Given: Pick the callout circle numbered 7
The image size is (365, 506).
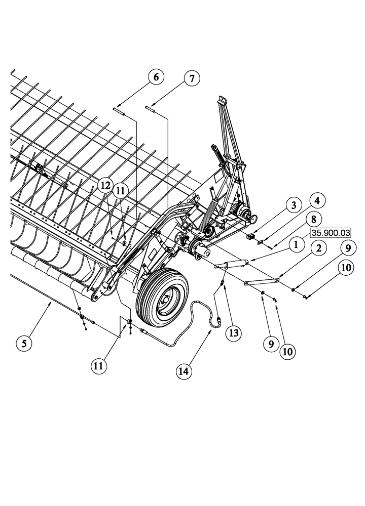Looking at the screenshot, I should (192, 78).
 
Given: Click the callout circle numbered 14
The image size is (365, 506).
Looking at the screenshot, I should (185, 370).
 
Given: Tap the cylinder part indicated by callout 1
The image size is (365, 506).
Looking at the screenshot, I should (231, 264).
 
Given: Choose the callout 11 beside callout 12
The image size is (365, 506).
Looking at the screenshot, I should (121, 191).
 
